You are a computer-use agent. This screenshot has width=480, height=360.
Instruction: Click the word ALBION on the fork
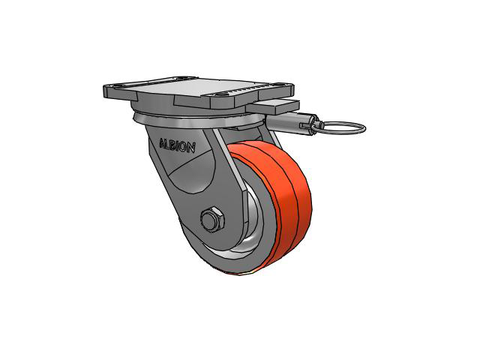coord(177,145)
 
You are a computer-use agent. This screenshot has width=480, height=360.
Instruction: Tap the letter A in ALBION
coord(163,143)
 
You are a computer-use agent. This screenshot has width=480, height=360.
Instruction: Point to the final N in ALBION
coord(191,148)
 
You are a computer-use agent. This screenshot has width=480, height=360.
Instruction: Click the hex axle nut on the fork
coord(212,219)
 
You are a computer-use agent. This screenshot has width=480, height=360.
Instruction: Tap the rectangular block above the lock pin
coord(273,106)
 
